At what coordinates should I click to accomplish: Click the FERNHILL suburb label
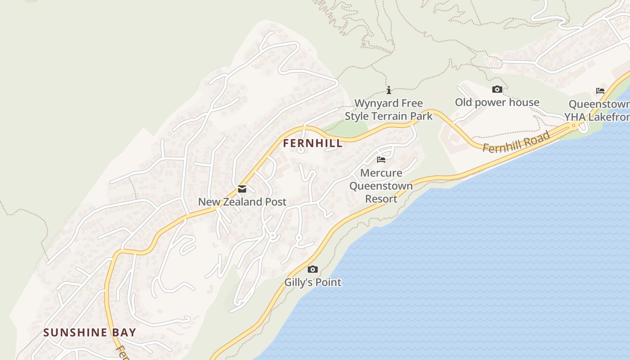click(x=313, y=144)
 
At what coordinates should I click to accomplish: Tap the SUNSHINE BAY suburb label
click(x=90, y=333)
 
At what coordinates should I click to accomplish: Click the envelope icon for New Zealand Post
click(x=242, y=189)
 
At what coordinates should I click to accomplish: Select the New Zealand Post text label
click(x=242, y=202)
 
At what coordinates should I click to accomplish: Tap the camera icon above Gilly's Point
click(x=312, y=270)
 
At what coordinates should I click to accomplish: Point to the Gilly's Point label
click(x=313, y=283)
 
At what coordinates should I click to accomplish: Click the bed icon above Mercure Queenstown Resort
click(x=381, y=160)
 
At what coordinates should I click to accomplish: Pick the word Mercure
click(x=381, y=173)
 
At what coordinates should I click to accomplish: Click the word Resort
click(x=381, y=199)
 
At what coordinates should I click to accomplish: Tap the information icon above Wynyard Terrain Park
click(x=389, y=90)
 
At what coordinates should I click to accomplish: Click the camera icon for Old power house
click(x=497, y=89)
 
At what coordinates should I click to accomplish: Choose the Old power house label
click(x=497, y=102)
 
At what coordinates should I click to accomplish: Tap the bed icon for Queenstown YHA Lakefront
click(x=600, y=91)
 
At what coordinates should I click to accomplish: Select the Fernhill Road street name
click(x=517, y=142)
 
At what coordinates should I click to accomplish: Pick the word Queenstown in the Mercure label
click(x=381, y=186)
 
